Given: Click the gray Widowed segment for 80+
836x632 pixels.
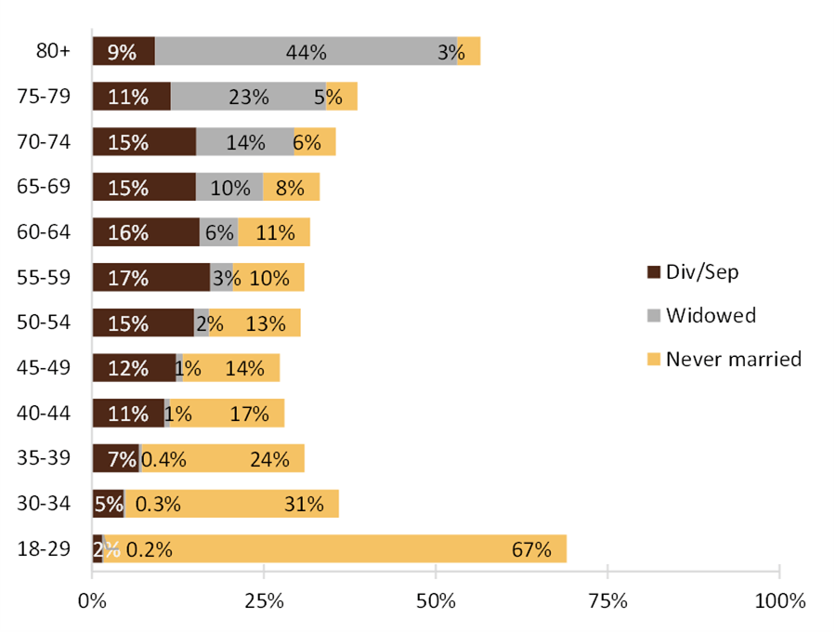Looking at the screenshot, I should coord(306,52).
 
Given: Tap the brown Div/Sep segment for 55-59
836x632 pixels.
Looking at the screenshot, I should coord(150,278).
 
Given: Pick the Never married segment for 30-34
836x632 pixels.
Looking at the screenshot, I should coord(232,504).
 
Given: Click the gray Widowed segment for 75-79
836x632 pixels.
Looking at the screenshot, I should coord(248,97).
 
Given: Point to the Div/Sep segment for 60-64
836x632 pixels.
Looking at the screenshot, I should coord(146,232).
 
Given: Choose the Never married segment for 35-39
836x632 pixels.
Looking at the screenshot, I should coord(223,459).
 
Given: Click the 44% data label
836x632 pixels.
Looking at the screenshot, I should coord(306,53).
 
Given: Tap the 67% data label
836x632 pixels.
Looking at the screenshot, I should coord(531,549).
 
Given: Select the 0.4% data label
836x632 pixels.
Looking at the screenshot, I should coord(163,459).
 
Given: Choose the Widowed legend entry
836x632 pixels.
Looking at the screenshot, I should coord(700,315).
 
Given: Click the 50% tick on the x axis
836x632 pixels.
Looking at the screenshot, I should coord(436,601).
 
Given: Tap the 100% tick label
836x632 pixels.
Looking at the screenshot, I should coord(779,601).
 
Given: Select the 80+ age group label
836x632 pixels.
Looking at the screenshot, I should coord(52,52).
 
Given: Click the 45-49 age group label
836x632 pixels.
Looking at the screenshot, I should coord(45,368).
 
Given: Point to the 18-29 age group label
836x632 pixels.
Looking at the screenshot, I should coord(45,548).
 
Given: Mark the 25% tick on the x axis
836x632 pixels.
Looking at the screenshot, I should coord(264,601).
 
